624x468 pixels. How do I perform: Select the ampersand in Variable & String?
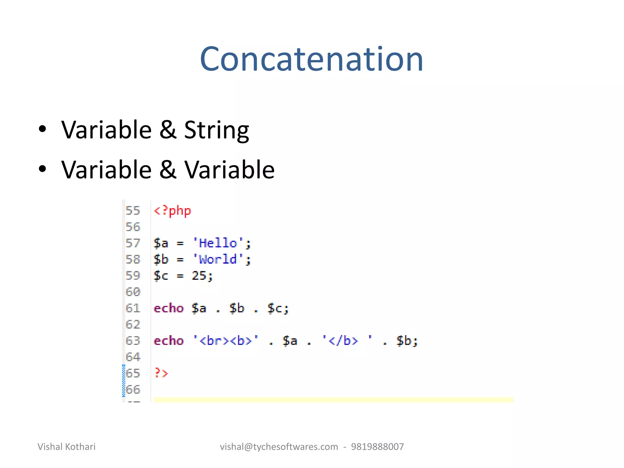click(168, 130)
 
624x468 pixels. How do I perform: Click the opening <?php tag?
click(172, 211)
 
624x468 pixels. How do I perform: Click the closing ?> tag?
click(161, 373)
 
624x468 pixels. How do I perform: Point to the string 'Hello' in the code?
click(218, 243)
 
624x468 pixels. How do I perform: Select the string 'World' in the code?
click(218, 260)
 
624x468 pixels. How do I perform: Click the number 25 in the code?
click(199, 276)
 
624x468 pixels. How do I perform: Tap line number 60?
click(133, 292)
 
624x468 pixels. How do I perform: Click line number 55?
click(133, 211)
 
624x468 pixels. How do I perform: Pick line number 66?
click(133, 389)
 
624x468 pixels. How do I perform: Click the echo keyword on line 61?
click(168, 308)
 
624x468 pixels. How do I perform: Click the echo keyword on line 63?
click(168, 341)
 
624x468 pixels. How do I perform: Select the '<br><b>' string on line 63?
click(226, 341)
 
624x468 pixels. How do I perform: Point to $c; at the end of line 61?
click(278, 308)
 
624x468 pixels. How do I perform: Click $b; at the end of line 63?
click(407, 341)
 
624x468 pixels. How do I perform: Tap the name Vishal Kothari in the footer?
click(66, 447)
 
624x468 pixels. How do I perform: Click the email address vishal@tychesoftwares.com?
click(279, 447)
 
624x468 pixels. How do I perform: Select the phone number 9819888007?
click(377, 447)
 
